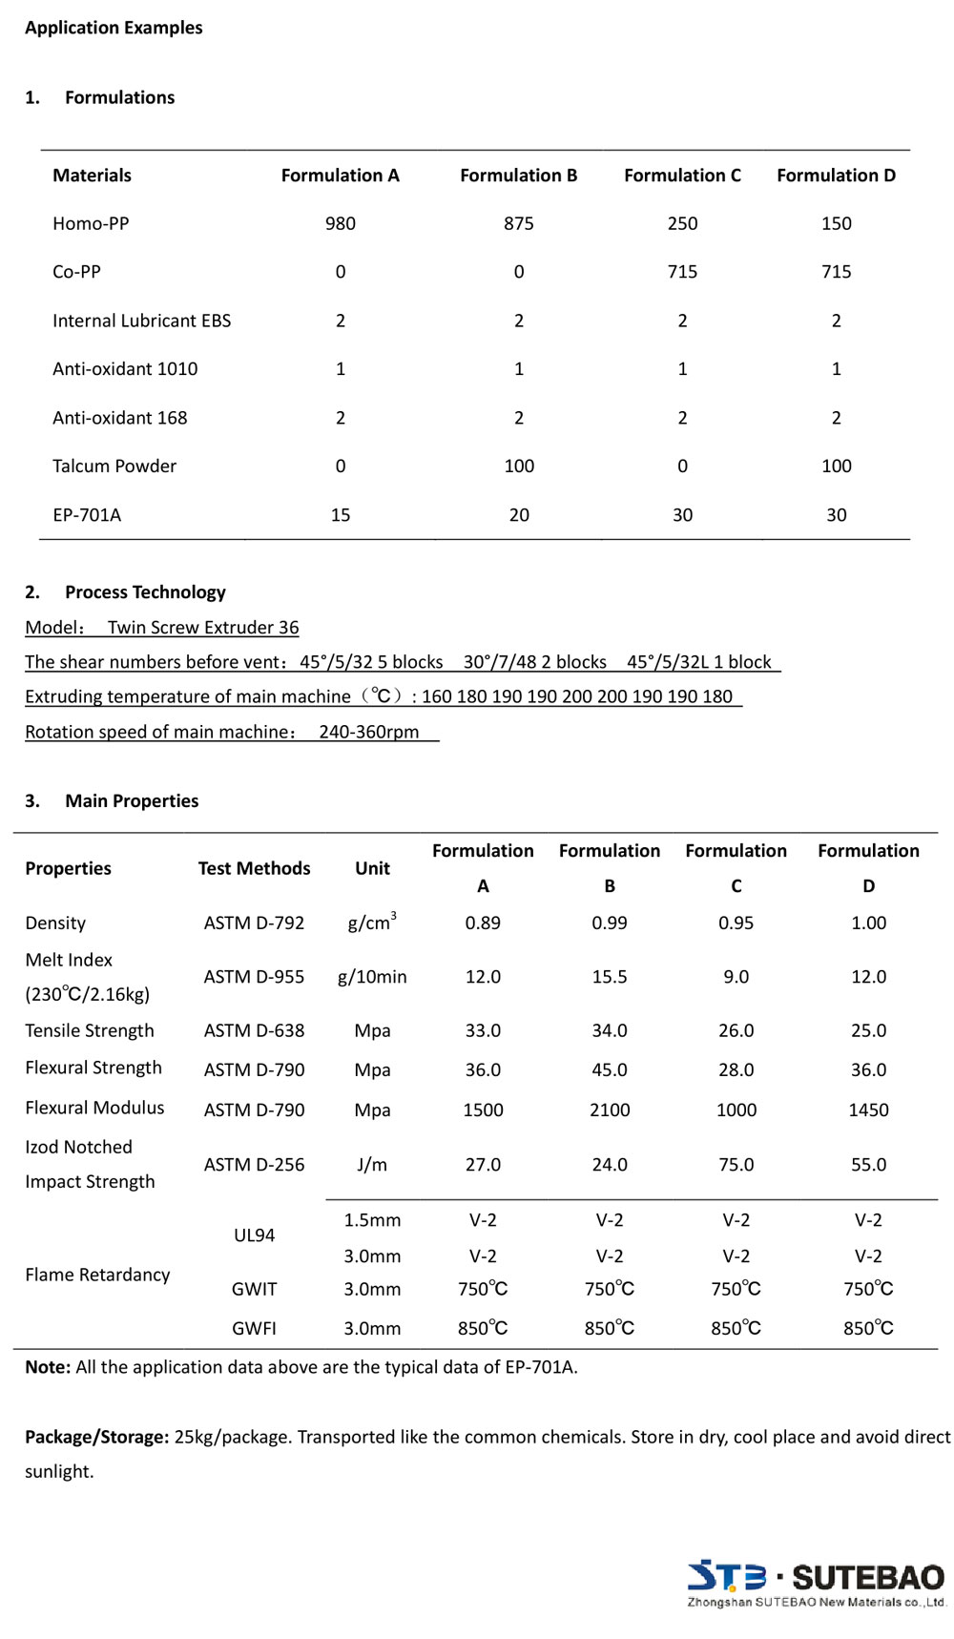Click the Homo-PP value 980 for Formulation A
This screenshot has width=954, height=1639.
(340, 223)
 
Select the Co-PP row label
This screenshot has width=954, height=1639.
(76, 272)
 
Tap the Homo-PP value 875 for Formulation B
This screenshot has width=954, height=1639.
(518, 223)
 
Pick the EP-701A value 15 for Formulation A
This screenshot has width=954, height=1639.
(340, 515)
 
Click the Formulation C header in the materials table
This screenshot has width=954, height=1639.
(682, 176)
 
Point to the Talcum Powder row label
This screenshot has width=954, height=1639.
(114, 467)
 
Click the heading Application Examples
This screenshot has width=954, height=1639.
(114, 28)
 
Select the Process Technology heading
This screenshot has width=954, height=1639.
(145, 592)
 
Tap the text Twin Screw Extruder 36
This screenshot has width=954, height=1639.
(203, 628)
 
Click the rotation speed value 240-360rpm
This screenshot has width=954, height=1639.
(368, 732)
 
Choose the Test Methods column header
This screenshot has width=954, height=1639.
(254, 868)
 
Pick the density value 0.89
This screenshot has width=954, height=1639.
(483, 923)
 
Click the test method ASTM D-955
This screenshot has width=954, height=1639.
(254, 977)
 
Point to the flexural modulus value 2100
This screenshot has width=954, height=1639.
(610, 1110)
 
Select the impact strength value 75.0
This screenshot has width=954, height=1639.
(736, 1165)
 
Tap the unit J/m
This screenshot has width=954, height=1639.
(372, 1165)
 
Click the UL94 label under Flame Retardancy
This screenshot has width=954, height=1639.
(254, 1235)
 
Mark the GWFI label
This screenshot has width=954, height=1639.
(254, 1328)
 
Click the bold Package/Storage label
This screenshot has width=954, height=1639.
(97, 1437)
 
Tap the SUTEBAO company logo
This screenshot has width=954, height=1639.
(816, 1585)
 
